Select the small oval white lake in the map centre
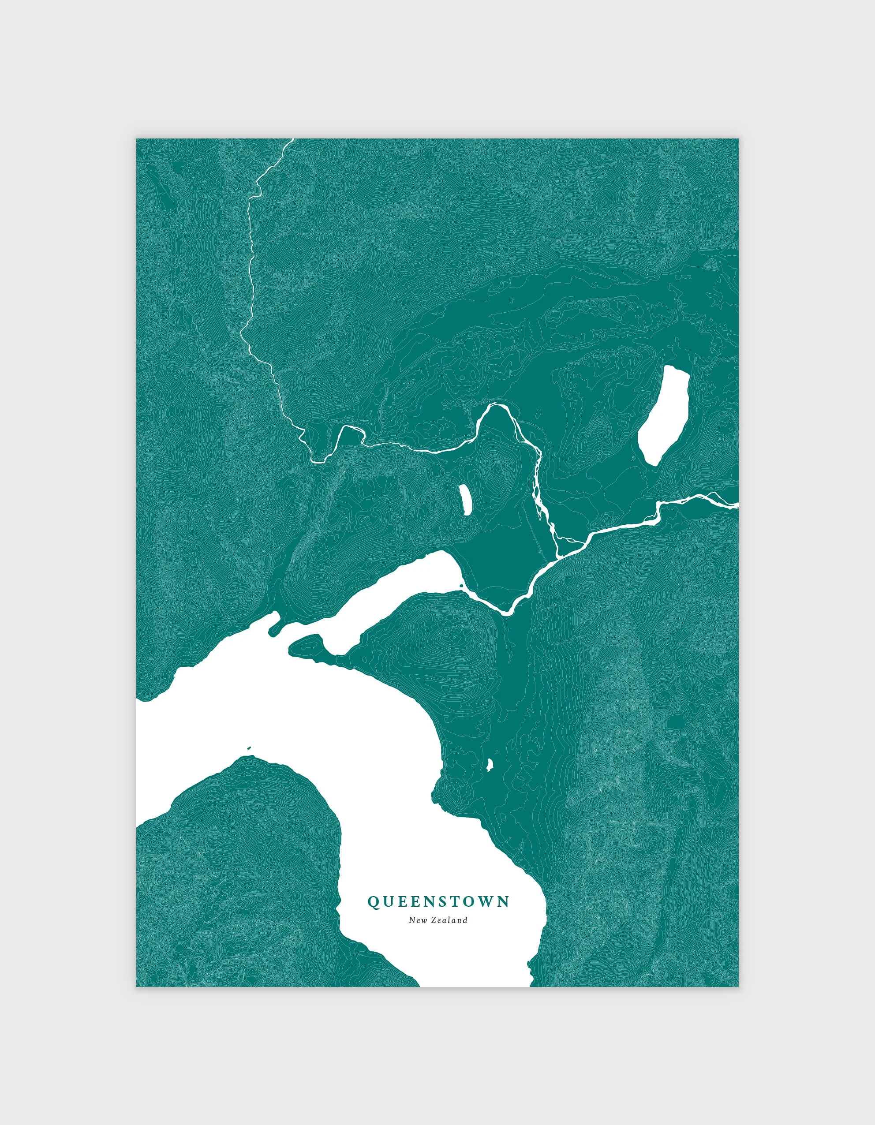coord(465,499)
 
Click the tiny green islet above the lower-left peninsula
coord(249,748)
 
